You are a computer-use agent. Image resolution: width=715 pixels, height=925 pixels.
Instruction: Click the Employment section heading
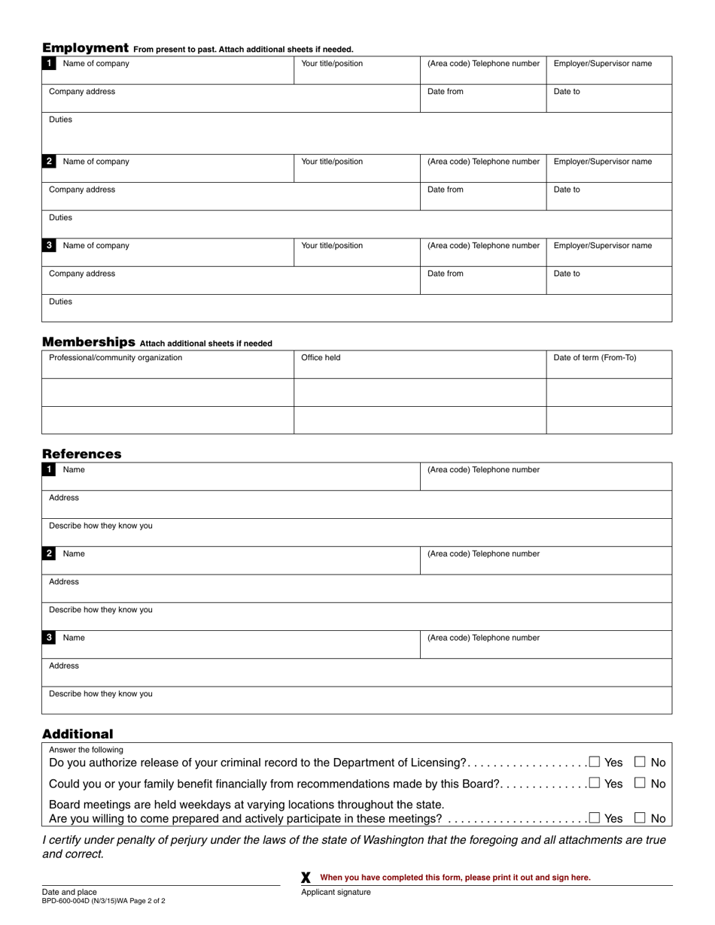pyautogui.click(x=85, y=47)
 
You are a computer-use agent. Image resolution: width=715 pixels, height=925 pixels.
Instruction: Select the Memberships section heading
pyautogui.click(x=89, y=341)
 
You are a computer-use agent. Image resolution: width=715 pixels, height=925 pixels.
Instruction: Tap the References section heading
pyautogui.click(x=81, y=453)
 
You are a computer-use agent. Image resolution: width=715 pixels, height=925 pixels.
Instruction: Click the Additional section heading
pyautogui.click(x=78, y=733)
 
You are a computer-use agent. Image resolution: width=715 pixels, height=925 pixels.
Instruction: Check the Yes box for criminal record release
pyautogui.click(x=595, y=762)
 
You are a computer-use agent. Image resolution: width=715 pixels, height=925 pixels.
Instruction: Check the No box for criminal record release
pyautogui.click(x=640, y=762)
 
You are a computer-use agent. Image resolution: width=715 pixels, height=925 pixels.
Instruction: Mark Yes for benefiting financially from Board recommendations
pyautogui.click(x=595, y=783)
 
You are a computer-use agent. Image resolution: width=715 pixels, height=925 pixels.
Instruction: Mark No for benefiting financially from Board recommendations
pyautogui.click(x=640, y=783)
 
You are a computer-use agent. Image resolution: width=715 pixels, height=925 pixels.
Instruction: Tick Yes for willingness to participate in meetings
pyautogui.click(x=595, y=817)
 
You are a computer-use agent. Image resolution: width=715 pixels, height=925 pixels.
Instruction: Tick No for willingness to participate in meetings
pyautogui.click(x=640, y=817)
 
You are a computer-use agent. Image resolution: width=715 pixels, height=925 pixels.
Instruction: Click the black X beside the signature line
pyautogui.click(x=306, y=878)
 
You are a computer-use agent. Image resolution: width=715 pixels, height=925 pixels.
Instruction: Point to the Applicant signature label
pyautogui.click(x=336, y=892)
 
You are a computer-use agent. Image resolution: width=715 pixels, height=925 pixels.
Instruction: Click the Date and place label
pyautogui.click(x=69, y=891)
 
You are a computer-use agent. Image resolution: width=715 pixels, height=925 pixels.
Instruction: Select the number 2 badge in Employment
pyautogui.click(x=50, y=162)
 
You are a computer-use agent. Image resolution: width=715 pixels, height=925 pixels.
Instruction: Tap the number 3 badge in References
pyautogui.click(x=50, y=638)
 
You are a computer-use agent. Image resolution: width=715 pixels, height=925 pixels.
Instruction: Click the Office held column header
pyautogui.click(x=321, y=358)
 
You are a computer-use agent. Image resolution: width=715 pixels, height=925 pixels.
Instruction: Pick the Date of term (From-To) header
pyautogui.click(x=595, y=358)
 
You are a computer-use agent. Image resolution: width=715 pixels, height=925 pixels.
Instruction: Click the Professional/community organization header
pyautogui.click(x=115, y=358)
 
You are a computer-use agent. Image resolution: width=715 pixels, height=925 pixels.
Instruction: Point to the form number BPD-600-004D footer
pyautogui.click(x=104, y=900)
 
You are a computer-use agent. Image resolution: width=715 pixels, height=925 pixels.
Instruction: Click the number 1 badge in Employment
pyautogui.click(x=50, y=64)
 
